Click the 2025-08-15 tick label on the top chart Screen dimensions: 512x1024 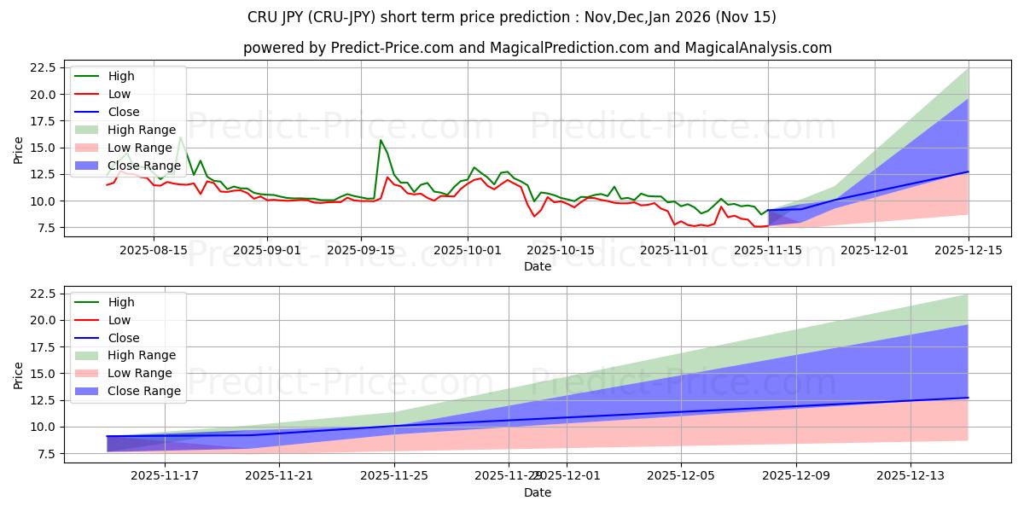click(154, 250)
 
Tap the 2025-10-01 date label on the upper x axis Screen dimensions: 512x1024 click(467, 250)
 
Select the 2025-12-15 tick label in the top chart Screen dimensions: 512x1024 click(968, 250)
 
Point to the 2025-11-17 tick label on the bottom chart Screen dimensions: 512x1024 click(165, 476)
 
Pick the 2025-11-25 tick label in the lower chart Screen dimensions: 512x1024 click(394, 476)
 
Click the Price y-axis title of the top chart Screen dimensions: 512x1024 click(19, 148)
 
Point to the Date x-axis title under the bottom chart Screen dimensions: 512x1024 click(538, 492)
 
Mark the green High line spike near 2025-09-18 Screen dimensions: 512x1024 click(381, 140)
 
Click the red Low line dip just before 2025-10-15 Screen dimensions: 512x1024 click(534, 216)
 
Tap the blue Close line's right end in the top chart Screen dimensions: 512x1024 click(968, 172)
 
